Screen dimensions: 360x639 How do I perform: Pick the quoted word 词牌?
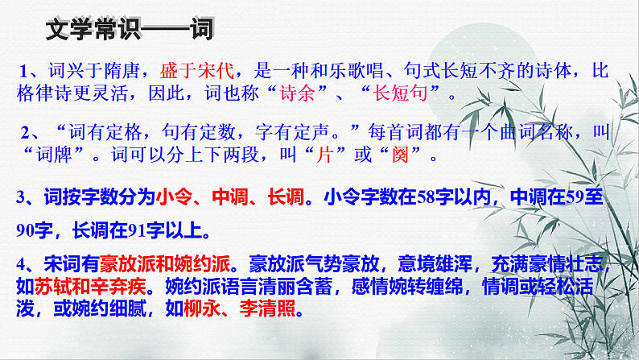(x=64, y=156)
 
